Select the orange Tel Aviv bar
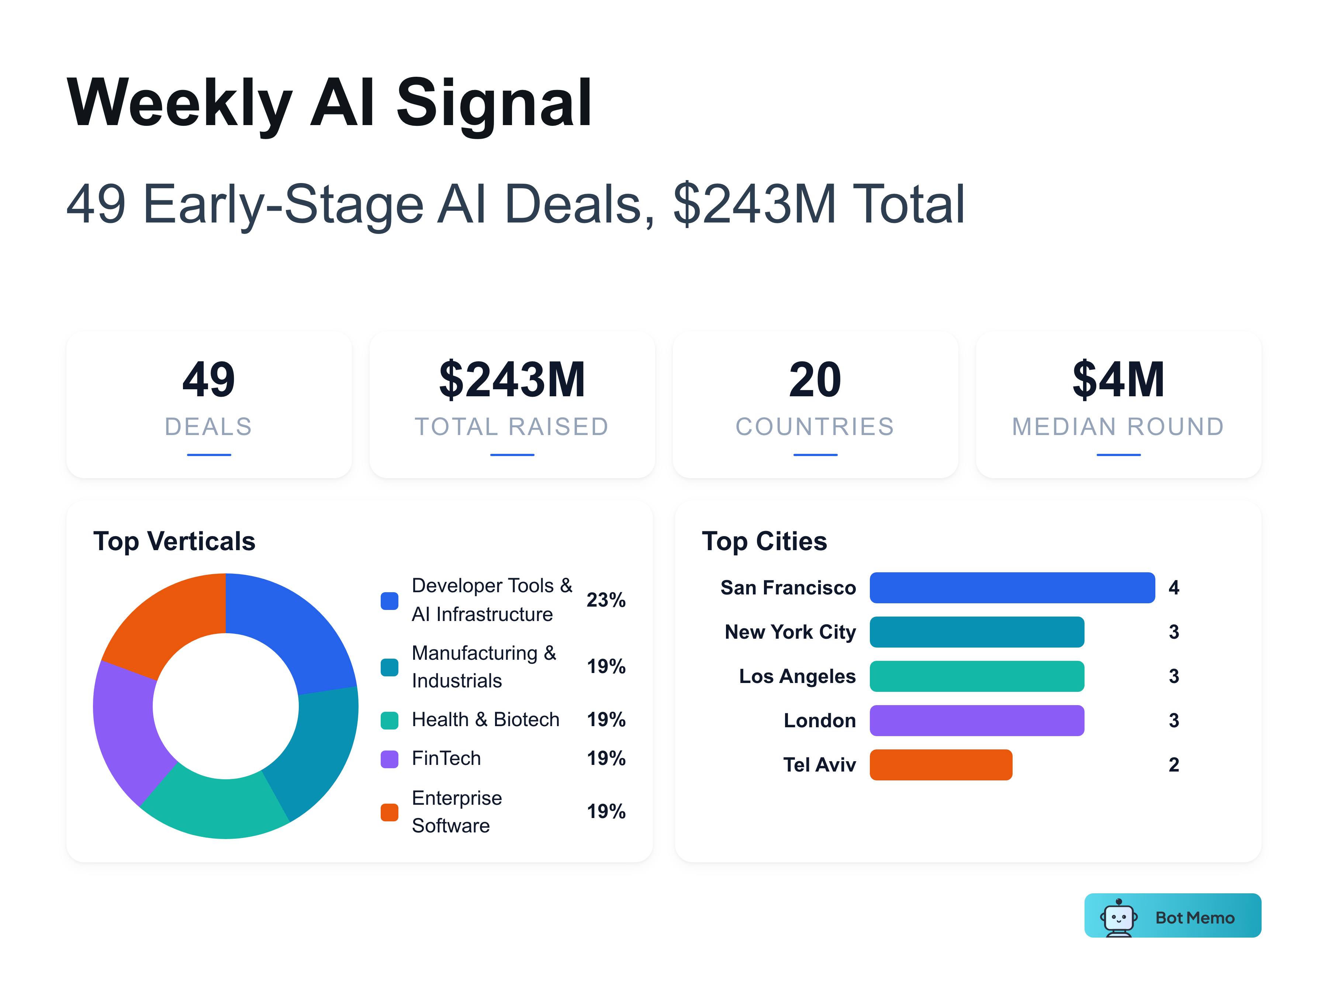coord(941,765)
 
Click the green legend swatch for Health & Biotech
coord(390,720)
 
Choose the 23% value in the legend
coord(606,600)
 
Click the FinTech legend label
coord(446,758)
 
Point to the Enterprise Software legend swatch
coord(390,812)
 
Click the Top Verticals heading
coord(174,541)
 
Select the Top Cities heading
coord(764,541)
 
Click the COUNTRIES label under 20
coord(815,427)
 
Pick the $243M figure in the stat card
coord(512,380)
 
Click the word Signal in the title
coord(494,103)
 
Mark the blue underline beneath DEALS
coord(209,455)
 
